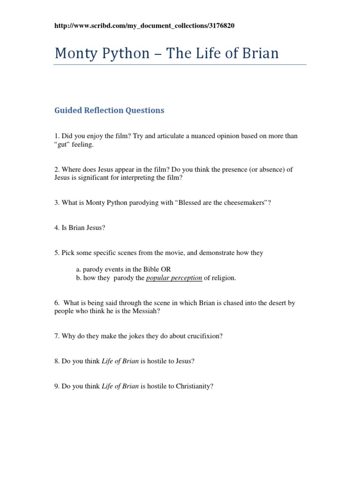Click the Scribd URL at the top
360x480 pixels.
(x=144, y=26)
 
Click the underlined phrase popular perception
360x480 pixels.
(x=174, y=278)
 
